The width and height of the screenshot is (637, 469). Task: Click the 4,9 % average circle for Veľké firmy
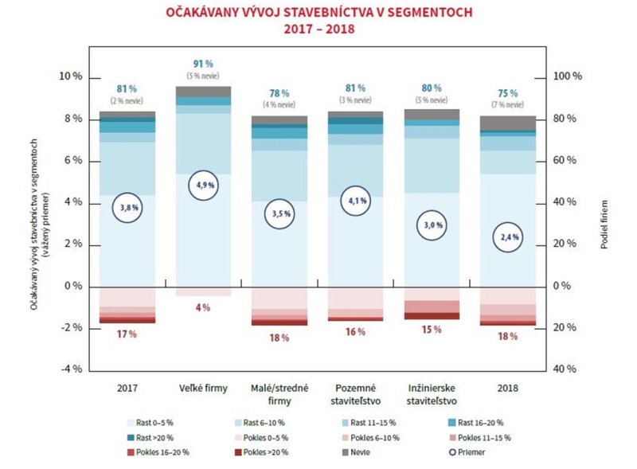(x=203, y=185)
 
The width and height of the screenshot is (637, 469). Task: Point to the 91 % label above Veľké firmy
(x=203, y=64)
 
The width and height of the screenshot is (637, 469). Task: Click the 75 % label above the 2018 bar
(x=509, y=92)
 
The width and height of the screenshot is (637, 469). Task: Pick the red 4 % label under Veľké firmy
(x=203, y=307)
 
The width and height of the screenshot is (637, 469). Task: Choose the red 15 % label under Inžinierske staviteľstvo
(x=432, y=329)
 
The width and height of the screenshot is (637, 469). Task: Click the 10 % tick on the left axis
(x=71, y=77)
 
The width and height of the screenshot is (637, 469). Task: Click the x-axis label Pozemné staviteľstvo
(x=356, y=394)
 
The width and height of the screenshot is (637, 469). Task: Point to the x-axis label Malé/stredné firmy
(x=279, y=394)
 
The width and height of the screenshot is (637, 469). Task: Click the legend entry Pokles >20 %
(x=265, y=451)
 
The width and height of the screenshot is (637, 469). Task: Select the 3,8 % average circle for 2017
(x=127, y=208)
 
